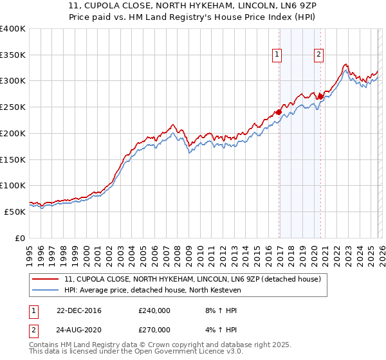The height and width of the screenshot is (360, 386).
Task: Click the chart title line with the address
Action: point(192,6)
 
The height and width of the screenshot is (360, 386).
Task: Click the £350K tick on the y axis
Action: point(13,55)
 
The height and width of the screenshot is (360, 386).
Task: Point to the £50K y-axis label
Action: point(15,212)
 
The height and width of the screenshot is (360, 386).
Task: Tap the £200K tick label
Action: point(13,133)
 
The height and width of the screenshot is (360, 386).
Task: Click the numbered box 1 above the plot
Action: point(277,55)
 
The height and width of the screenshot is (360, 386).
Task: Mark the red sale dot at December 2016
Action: point(279,112)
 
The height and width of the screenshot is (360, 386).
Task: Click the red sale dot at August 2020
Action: point(320,96)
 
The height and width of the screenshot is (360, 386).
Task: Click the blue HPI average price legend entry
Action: point(152,291)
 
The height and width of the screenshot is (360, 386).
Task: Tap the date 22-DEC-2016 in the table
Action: point(78,310)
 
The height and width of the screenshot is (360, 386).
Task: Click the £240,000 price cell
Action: point(154,310)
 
